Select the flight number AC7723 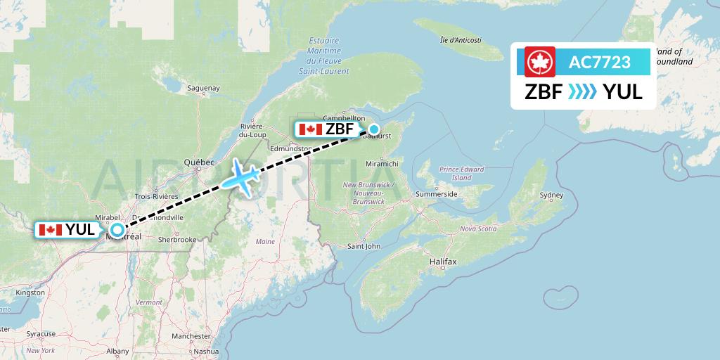click(x=600, y=63)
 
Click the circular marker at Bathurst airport click(x=374, y=129)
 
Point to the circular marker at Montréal click(x=117, y=230)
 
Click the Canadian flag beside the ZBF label click(x=310, y=129)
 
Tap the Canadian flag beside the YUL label click(x=51, y=230)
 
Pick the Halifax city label click(x=443, y=262)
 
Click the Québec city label click(x=199, y=162)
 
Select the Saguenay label click(x=204, y=88)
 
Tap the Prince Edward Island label click(x=461, y=173)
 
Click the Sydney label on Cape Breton click(x=551, y=195)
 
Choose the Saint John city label click(x=364, y=246)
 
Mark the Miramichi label click(x=382, y=163)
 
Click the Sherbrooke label click(x=176, y=240)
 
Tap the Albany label click(x=117, y=350)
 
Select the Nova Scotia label click(x=478, y=229)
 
